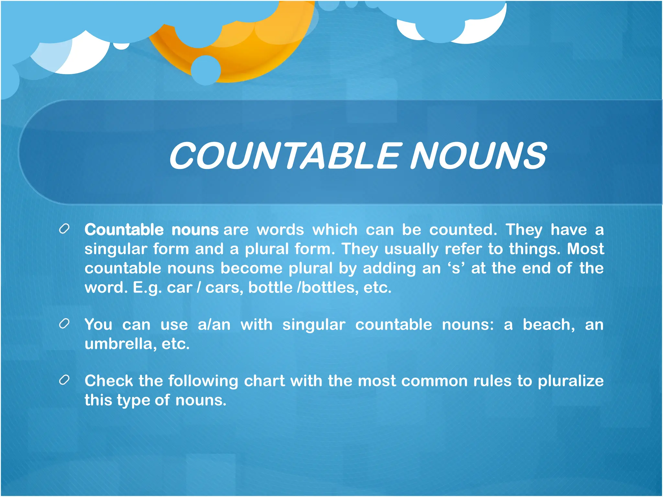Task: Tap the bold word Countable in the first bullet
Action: [x=124, y=230]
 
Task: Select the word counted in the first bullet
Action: [x=463, y=230]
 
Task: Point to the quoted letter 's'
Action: [x=456, y=269]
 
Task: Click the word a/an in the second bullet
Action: [x=214, y=325]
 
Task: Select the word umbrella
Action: [x=118, y=344]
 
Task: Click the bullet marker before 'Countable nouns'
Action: [x=64, y=229]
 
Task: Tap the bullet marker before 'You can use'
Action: [x=64, y=324]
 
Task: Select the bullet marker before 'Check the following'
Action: [x=64, y=380]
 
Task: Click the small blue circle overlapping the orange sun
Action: [x=206, y=70]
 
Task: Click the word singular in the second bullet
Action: [x=314, y=325]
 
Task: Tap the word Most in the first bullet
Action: [x=585, y=249]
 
